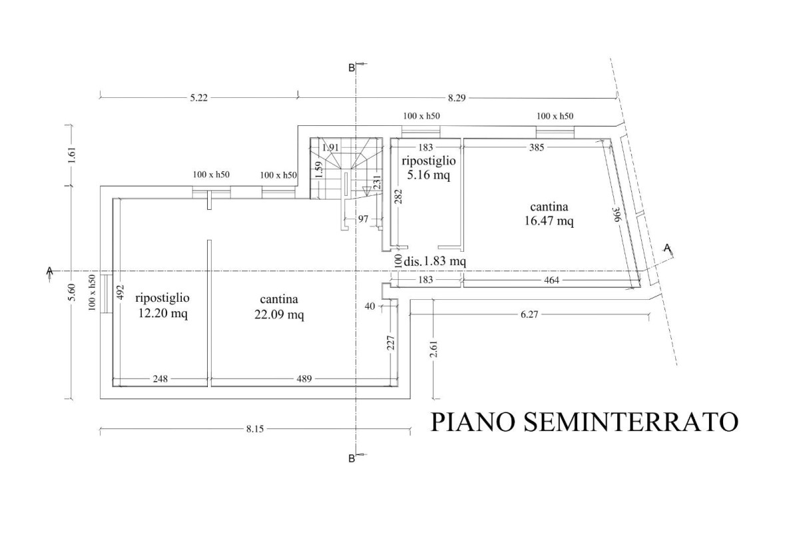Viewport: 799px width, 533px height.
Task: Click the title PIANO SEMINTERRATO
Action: (585, 422)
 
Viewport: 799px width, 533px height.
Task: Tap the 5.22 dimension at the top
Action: (198, 98)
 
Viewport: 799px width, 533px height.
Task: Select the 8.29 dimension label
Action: (457, 98)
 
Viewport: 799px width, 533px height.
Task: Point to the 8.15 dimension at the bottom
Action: (255, 429)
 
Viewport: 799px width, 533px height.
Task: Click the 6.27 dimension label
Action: (529, 314)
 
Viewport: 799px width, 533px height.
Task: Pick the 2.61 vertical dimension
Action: (433, 349)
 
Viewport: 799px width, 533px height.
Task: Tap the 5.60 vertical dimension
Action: (72, 292)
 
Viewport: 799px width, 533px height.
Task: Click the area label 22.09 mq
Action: (279, 314)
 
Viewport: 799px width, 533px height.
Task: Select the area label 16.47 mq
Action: (549, 221)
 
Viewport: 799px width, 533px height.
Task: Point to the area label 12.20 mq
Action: (162, 313)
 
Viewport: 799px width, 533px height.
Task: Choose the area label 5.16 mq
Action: (429, 175)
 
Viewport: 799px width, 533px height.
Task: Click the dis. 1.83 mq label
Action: (435, 261)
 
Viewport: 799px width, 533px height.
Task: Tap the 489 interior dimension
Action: (304, 379)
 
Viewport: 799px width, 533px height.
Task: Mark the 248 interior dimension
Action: (160, 379)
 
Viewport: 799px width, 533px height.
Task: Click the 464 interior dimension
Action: (551, 280)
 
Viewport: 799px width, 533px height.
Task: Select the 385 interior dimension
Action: (537, 147)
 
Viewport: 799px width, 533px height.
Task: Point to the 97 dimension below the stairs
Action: (363, 219)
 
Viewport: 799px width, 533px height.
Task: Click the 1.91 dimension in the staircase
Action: (330, 147)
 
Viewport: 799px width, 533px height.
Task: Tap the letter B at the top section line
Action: (352, 68)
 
